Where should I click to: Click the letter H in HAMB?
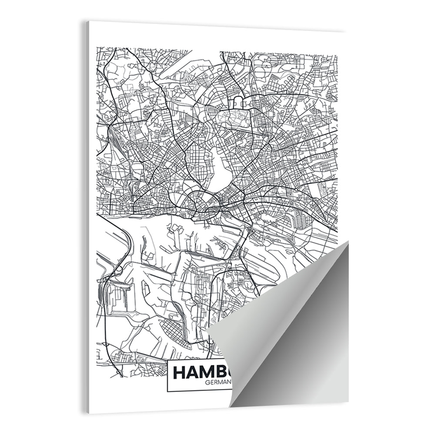[x=180, y=373]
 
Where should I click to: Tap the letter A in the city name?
[x=194, y=373]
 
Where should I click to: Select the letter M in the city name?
[x=212, y=373]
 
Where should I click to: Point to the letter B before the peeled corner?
[x=228, y=373]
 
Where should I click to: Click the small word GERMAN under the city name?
[x=219, y=383]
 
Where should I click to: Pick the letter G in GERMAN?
[x=205, y=383]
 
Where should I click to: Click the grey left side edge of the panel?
[x=87, y=217]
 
